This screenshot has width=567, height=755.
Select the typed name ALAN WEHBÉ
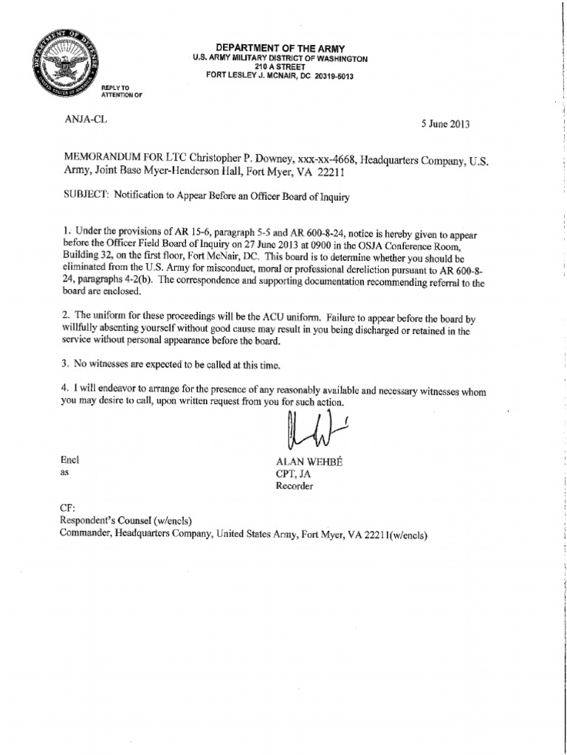tap(306, 460)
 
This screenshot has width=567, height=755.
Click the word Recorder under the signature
tap(294, 486)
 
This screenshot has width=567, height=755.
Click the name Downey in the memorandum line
tap(268, 158)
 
